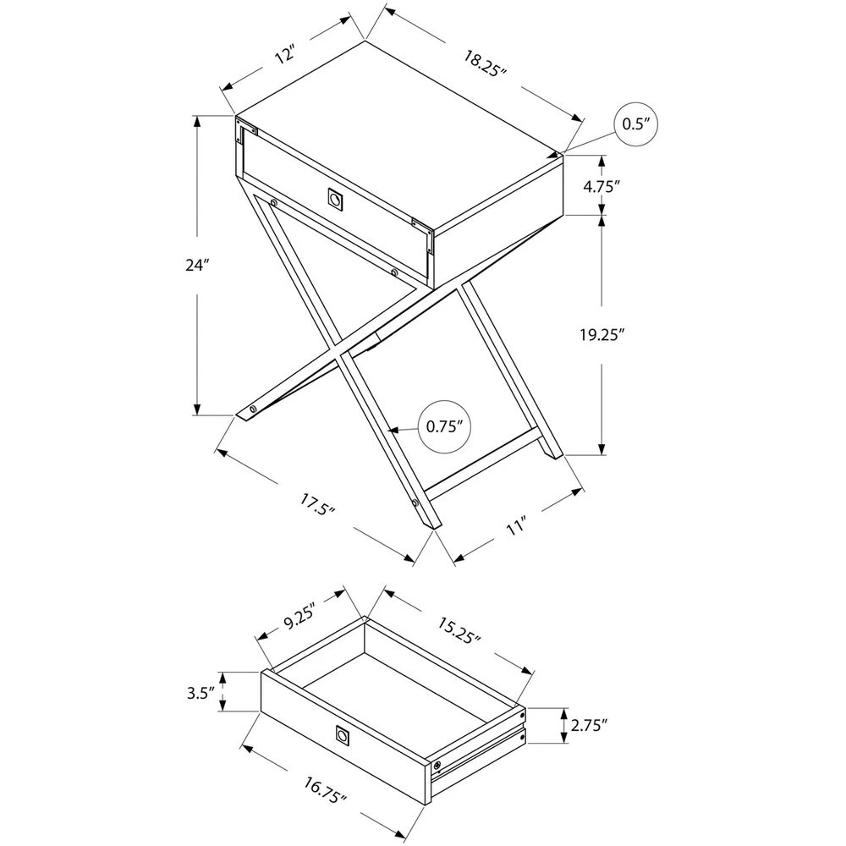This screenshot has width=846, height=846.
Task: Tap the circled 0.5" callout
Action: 634,124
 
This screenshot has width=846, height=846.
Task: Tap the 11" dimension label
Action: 518,526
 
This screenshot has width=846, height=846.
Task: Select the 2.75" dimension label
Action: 590,725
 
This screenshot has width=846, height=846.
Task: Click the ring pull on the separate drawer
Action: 343,736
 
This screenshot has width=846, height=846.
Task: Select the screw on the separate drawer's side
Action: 437,765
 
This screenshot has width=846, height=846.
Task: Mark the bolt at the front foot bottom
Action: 415,502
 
